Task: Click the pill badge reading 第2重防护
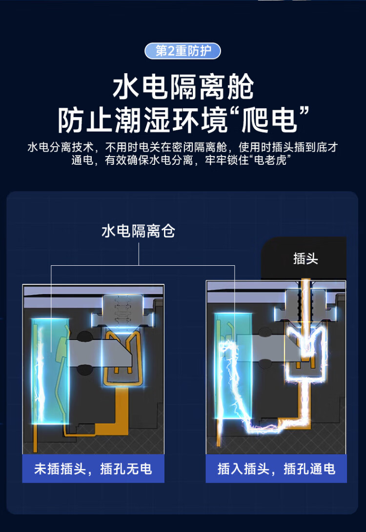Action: point(183,51)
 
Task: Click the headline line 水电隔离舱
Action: point(183,87)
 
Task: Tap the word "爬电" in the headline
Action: point(269,120)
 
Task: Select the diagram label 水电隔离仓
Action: point(138,231)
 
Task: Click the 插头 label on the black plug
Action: point(305,258)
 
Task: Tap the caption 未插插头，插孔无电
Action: point(93,469)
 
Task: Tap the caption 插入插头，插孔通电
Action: point(276,469)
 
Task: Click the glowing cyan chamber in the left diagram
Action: point(50,371)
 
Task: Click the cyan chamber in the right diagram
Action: point(233,366)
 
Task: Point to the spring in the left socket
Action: point(123,308)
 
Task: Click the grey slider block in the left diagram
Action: point(100,353)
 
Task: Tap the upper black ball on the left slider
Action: point(84,336)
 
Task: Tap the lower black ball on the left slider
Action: point(84,370)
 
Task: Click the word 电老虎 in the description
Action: point(270,160)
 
